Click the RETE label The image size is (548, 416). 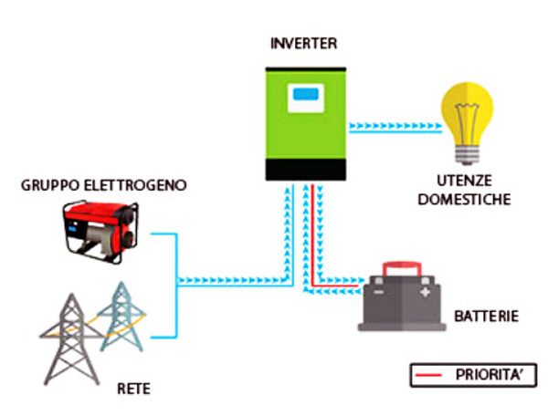pos(133,390)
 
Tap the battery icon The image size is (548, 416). pos(402,300)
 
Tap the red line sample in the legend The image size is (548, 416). pos(434,374)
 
